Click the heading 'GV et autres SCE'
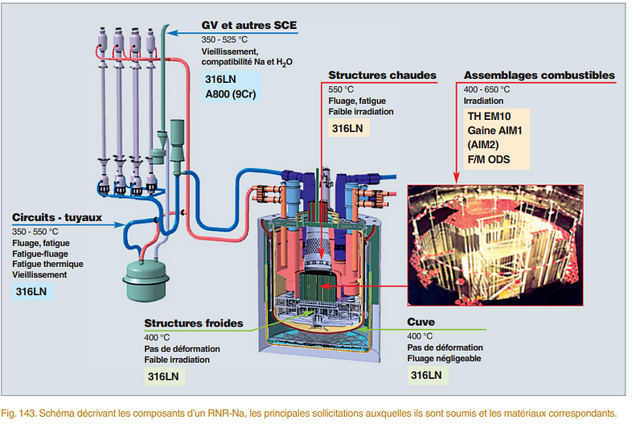point(248,26)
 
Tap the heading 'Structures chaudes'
point(382,76)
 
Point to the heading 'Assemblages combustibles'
point(539,76)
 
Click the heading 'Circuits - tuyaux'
point(55,217)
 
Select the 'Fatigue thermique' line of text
point(48,263)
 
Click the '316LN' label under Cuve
point(426,376)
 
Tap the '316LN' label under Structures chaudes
point(347,129)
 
